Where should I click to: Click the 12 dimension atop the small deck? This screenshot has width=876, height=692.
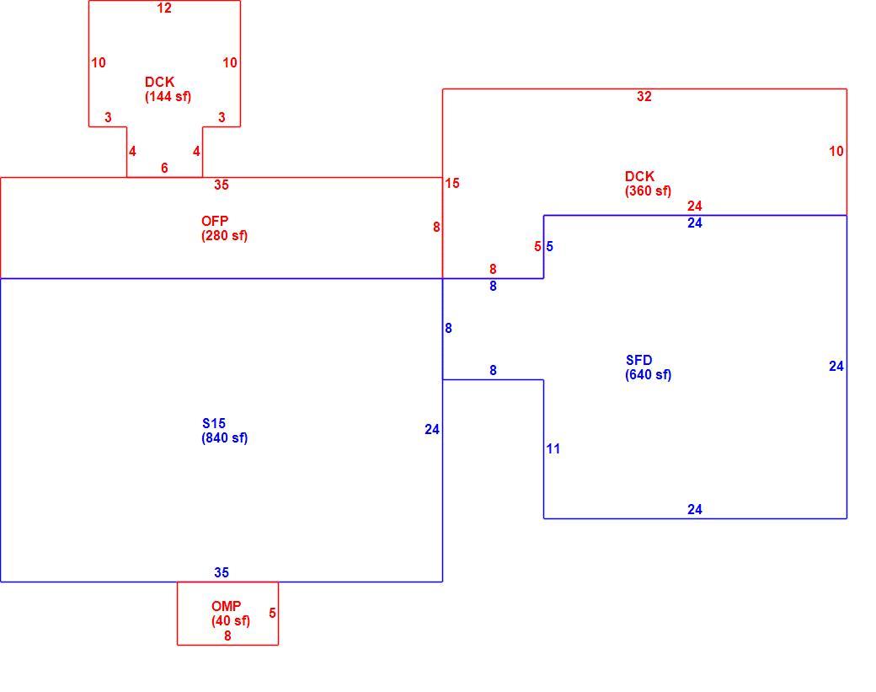164,8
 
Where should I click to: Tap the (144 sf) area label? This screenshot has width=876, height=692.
168,97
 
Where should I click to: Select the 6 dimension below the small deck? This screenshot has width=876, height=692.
164,168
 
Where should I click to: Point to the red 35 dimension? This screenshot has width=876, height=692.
222,185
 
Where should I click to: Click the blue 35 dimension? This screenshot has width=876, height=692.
222,572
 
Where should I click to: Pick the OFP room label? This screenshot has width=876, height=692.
215,221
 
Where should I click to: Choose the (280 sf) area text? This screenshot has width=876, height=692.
225,236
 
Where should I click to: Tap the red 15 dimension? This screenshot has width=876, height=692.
452,184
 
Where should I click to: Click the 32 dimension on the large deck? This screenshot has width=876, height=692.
644,97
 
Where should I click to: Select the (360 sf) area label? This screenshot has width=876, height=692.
648,191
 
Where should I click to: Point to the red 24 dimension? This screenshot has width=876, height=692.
694,207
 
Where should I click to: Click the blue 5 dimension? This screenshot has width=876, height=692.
550,246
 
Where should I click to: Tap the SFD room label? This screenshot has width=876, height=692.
639,360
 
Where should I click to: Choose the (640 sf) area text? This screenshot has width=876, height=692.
648,375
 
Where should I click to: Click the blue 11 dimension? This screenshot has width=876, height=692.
553,449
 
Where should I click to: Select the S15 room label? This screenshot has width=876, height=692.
214,423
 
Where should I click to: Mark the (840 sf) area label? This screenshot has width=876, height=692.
225,438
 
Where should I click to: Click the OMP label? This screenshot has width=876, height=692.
227,606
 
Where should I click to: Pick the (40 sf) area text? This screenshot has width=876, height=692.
231,621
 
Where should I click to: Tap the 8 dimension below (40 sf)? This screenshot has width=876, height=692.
227,636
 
